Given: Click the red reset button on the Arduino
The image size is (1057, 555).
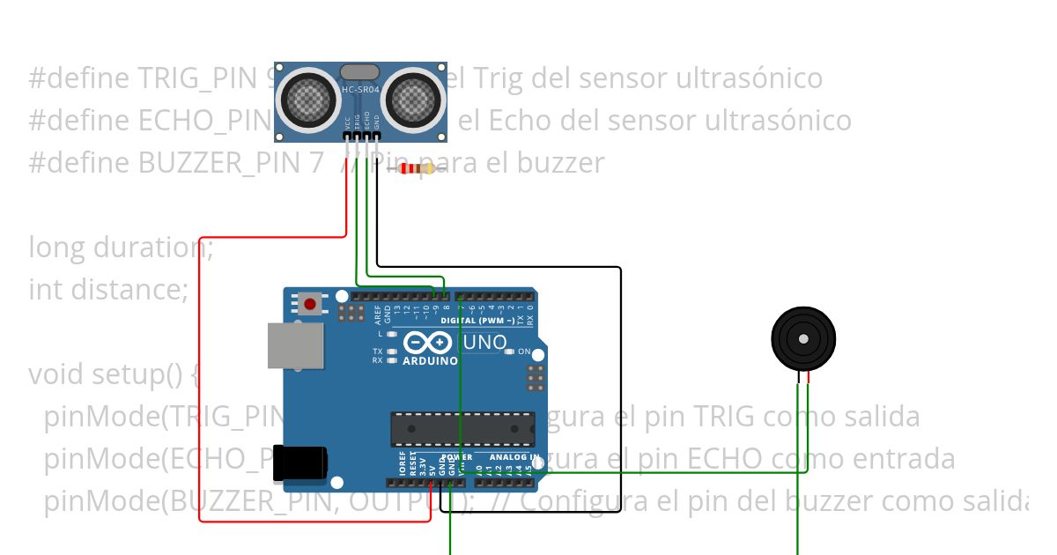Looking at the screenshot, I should [309, 305].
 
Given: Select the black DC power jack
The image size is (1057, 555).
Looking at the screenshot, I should [300, 463].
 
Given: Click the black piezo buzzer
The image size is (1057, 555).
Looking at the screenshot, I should [802, 338].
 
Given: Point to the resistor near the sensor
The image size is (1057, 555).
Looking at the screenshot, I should [416, 168].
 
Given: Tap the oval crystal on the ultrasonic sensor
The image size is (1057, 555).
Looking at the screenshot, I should [361, 71].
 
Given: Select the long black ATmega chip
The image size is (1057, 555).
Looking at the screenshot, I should [462, 428].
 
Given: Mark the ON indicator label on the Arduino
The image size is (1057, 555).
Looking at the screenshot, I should [524, 351].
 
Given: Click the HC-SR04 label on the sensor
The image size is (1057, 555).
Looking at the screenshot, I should [361, 90].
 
